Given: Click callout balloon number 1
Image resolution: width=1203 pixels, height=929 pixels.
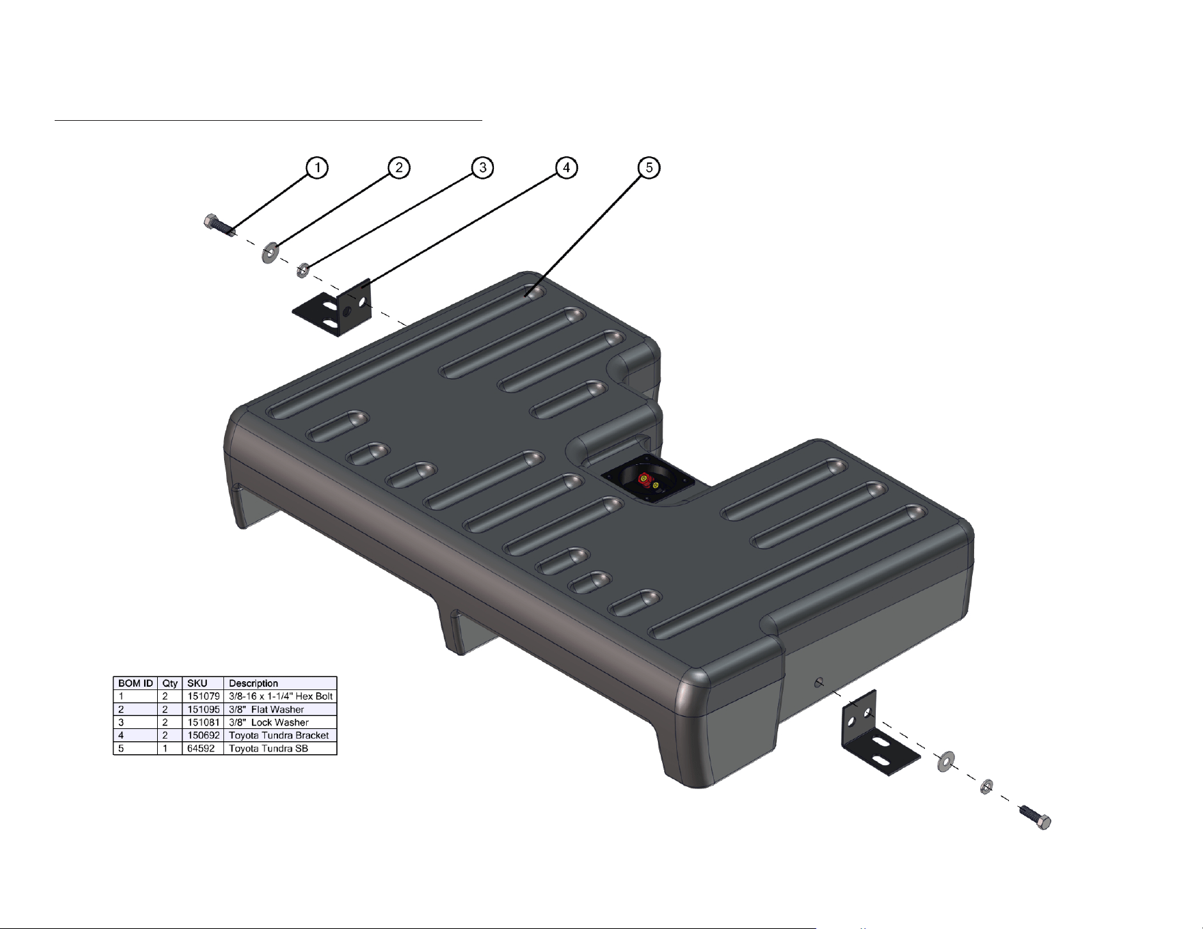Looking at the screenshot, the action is coord(317,168).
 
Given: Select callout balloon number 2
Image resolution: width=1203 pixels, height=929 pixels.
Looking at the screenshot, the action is coord(400,168).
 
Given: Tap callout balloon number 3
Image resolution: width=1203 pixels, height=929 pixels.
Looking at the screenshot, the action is coord(483,168).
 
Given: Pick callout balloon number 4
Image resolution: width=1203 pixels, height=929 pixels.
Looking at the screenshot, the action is coord(566,168).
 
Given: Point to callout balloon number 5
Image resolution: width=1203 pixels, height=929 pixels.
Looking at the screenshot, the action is coord(649,168).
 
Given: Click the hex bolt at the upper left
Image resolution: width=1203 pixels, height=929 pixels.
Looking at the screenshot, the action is coord(220,225).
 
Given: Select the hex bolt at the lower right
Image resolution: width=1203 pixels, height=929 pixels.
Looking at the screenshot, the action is coord(1035,817).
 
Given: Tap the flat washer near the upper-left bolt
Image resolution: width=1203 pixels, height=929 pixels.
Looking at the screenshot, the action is coord(271,253).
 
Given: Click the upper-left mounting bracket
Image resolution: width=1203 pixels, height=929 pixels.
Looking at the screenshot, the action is coord(333,307).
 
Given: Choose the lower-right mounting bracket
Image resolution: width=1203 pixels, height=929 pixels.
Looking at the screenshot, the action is coord(879,735).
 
